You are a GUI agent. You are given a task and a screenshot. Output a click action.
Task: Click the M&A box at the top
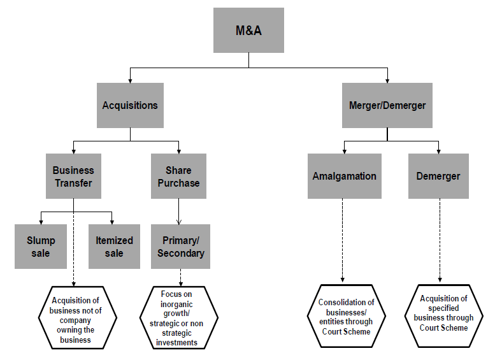248,30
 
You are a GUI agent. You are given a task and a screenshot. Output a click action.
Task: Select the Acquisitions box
130,105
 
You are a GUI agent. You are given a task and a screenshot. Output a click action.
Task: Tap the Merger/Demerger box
387,105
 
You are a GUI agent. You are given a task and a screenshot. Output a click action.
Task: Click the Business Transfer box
73,176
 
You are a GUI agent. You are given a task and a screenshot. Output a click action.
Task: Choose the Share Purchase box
178,176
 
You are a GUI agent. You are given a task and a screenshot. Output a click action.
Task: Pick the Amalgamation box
344,176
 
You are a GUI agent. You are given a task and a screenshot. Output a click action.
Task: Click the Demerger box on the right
438,176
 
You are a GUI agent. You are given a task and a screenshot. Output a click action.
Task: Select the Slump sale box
41,247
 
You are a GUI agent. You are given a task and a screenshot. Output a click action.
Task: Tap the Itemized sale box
114,247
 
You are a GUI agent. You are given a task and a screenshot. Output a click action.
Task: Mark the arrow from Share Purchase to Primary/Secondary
178,212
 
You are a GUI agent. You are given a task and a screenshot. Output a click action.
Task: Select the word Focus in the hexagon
171,294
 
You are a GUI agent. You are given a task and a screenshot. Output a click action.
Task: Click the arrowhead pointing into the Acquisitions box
130,80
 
